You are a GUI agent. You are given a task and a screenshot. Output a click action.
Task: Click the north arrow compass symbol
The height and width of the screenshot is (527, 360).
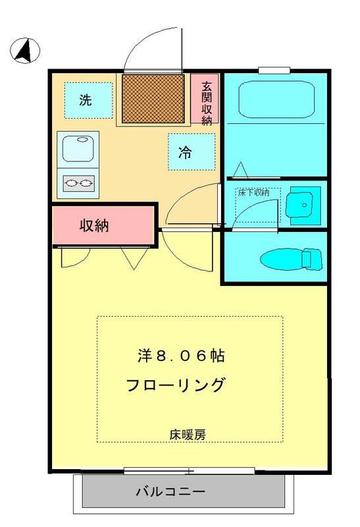tap(25, 50)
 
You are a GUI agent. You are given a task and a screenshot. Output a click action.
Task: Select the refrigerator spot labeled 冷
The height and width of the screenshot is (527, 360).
tap(191, 152)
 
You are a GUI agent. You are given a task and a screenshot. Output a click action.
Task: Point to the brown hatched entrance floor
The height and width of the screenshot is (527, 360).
tap(153, 98)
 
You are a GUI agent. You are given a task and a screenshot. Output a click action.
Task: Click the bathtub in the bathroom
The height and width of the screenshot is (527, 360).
tap(276, 99)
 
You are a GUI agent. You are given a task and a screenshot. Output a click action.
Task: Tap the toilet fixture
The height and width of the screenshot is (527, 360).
tap(290, 259)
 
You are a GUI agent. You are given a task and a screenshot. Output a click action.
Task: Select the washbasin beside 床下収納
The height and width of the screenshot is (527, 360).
tap(303, 205)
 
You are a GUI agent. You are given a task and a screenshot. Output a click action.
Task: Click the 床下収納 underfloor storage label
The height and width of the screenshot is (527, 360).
tap(253, 192)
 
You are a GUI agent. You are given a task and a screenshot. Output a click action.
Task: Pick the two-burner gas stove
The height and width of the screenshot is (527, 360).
tap(78, 182)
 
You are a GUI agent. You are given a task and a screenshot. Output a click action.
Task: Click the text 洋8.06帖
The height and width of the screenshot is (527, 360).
tap(182, 356)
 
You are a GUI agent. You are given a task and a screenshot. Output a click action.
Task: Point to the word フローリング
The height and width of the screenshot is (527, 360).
tap(176, 385)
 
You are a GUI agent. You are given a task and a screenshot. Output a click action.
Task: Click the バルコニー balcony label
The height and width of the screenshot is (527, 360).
tap(170, 491)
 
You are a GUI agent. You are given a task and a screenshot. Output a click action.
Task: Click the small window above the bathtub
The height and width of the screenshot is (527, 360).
tap(273, 70)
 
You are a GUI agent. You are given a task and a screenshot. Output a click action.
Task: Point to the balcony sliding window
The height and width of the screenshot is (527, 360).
tap(189, 471)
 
